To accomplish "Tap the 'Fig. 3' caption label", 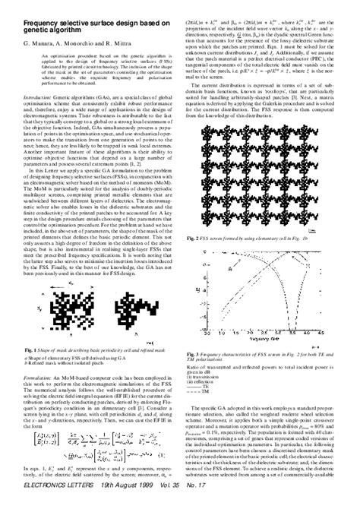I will tap(193, 353).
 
